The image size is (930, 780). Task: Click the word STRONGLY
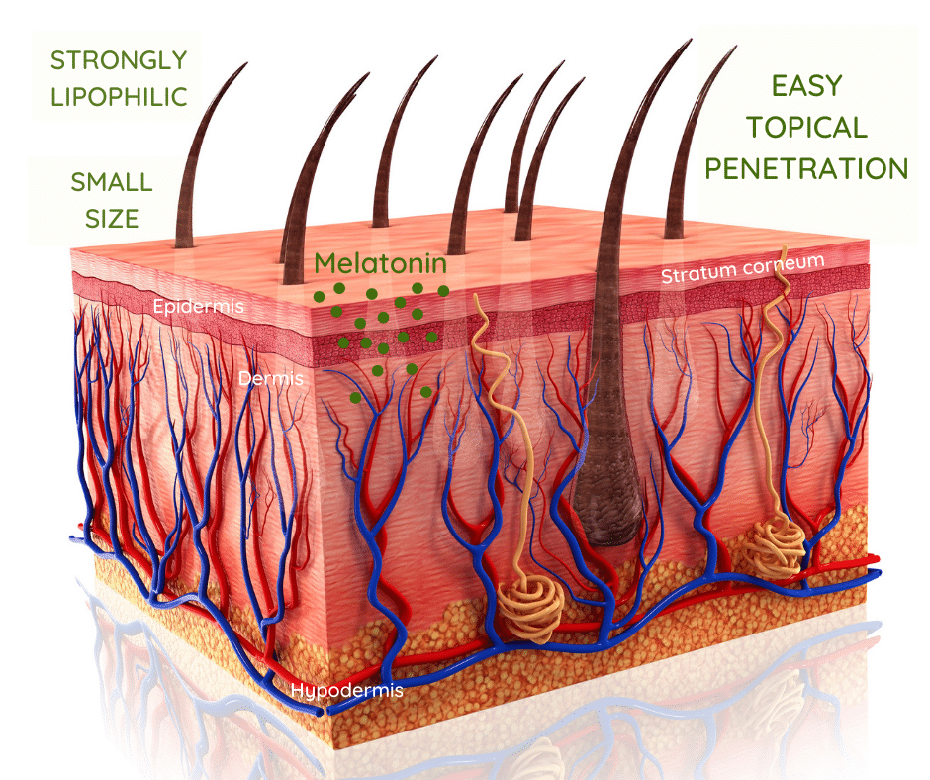(119, 60)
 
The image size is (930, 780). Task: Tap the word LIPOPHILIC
(119, 97)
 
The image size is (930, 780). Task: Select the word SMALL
(112, 182)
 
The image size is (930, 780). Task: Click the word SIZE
(112, 219)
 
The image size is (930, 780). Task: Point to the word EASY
(806, 86)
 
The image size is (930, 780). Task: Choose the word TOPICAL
(806, 128)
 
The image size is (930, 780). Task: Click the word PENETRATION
(806, 168)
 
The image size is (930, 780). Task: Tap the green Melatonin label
(380, 263)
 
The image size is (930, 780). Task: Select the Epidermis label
(198, 306)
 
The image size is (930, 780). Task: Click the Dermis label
(270, 379)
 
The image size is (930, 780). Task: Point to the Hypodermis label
(347, 690)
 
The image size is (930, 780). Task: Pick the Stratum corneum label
(743, 269)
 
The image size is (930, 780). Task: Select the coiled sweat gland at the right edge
(774, 544)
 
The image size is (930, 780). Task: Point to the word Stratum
(698, 273)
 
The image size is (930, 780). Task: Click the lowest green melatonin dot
(355, 397)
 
